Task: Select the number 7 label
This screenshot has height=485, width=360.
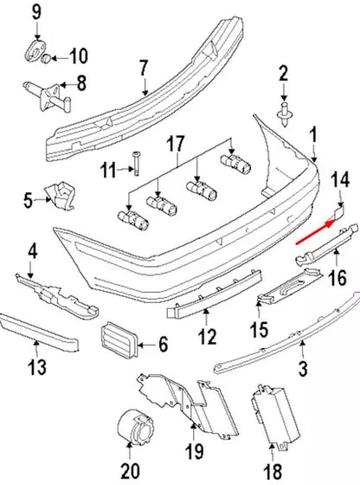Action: tap(144, 68)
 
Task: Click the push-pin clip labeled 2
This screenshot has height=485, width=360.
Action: tap(282, 111)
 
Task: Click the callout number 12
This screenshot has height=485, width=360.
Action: tap(205, 337)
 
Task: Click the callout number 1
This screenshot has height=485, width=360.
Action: tap(313, 134)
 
